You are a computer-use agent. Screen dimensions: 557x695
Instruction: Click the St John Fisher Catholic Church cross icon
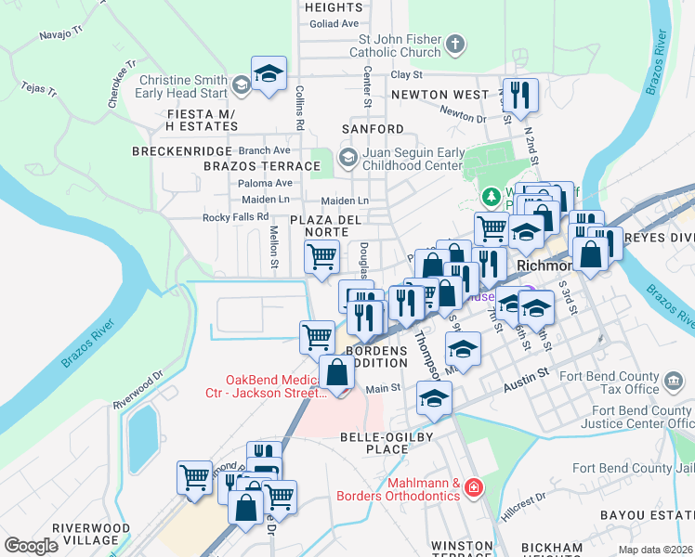click(x=454, y=43)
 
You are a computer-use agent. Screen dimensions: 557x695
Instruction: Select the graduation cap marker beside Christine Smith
click(x=269, y=74)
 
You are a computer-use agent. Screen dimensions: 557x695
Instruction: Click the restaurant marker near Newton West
click(x=518, y=95)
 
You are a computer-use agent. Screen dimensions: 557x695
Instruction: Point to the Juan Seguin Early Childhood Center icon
click(x=347, y=156)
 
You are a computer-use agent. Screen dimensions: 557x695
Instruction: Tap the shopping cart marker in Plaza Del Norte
click(x=321, y=255)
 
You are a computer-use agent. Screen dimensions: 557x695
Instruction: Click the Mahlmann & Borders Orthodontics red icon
click(x=474, y=486)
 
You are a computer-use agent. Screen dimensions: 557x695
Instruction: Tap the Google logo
click(x=31, y=545)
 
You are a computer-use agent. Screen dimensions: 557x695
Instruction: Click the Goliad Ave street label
click(x=333, y=23)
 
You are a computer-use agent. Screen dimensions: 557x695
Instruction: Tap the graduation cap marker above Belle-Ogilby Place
click(x=433, y=398)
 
